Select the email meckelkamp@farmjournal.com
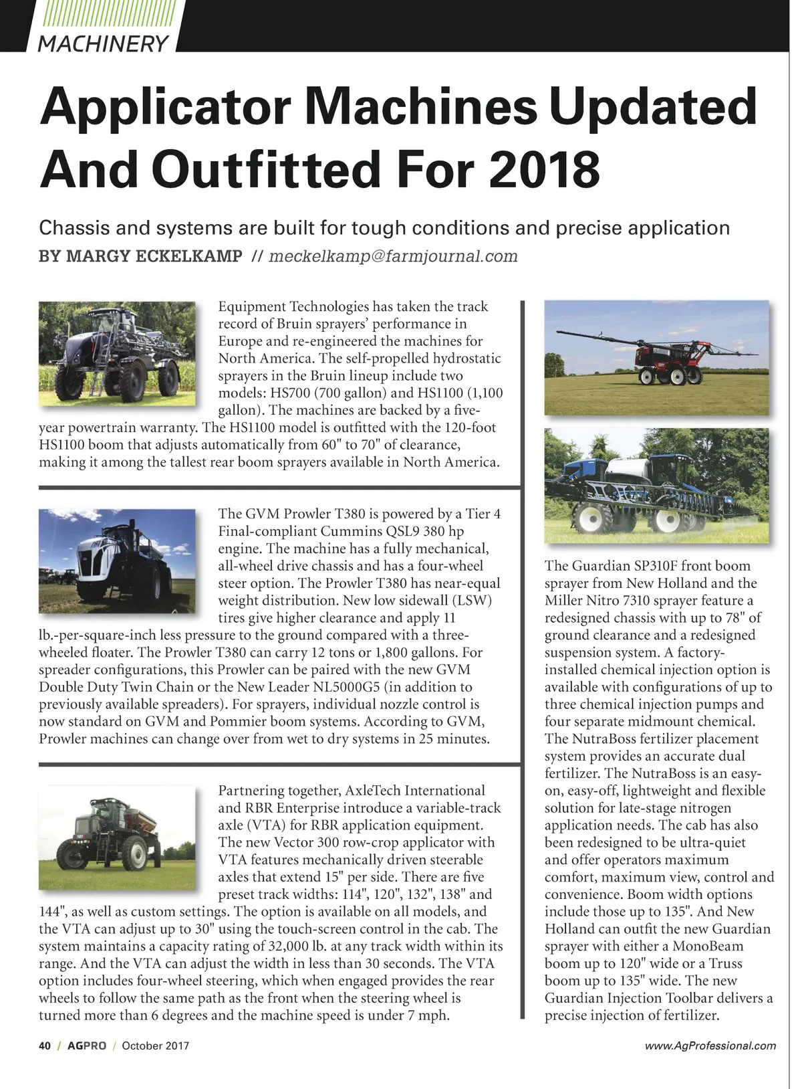393,256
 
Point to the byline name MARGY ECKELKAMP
140,256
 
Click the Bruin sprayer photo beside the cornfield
118,353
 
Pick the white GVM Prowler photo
118,561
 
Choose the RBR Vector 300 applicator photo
118,837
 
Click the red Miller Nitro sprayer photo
657,358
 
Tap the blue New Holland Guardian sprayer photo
657,485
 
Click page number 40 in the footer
45,1046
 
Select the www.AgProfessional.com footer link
710,1046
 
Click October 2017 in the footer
155,1046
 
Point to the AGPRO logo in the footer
86,1046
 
